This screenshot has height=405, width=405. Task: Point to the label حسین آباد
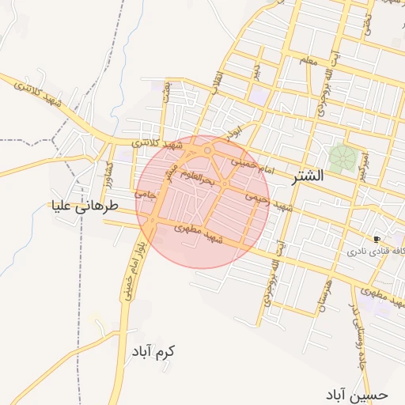click(x=357, y=393)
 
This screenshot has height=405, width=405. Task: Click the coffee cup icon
click(x=377, y=238)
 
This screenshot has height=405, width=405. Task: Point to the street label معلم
click(x=307, y=61)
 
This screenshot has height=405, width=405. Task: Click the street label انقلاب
click(x=215, y=79)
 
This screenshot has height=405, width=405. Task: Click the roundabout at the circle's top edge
click(x=208, y=150)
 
